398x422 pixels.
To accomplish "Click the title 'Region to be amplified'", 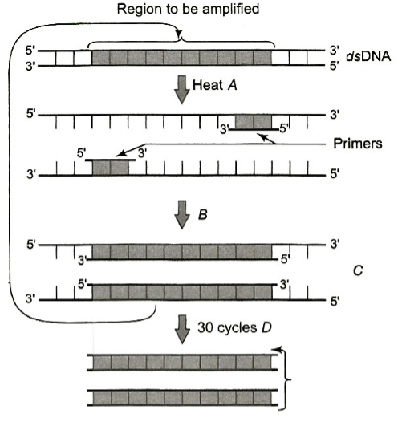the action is [x=188, y=10].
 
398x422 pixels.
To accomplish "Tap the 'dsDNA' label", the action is [x=368, y=56].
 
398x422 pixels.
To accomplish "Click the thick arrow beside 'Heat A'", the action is [x=182, y=90].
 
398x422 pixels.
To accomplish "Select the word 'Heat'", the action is [x=208, y=85].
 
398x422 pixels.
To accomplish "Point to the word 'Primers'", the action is [x=358, y=144].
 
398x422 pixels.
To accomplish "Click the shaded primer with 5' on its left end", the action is [x=110, y=168].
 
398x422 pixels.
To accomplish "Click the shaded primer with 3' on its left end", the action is [x=254, y=123].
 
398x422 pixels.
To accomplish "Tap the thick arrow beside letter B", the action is [x=182, y=214].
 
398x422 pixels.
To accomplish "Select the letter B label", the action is [x=203, y=215].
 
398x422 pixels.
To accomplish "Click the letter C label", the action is [x=358, y=270].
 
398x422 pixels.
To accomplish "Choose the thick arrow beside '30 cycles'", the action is [x=182, y=329].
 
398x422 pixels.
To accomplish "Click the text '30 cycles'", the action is [x=227, y=328].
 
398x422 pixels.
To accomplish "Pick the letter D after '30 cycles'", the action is [x=266, y=327].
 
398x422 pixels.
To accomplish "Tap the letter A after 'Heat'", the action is [x=232, y=85].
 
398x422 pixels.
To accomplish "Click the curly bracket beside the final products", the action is [x=286, y=379].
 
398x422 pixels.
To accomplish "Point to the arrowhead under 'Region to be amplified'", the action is [x=179, y=34].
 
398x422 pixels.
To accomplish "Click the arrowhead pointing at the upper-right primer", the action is [x=262, y=136].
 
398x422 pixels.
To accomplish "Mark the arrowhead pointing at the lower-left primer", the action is [x=120, y=154].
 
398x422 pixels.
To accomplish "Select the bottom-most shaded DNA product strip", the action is [x=182, y=397].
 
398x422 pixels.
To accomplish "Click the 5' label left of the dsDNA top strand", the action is [x=30, y=51].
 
